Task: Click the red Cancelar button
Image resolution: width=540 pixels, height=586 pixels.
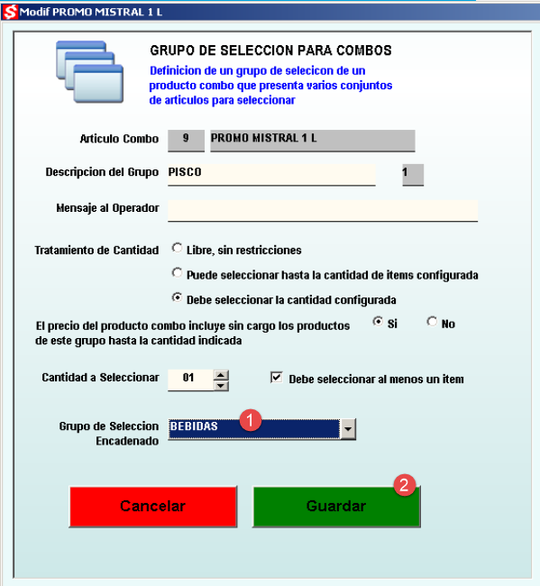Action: (x=153, y=507)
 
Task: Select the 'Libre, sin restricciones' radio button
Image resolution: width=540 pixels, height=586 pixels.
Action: (x=177, y=248)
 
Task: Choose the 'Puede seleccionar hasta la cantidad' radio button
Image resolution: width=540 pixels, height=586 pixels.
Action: (x=177, y=273)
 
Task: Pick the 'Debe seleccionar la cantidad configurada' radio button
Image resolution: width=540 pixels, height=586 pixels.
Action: (x=177, y=298)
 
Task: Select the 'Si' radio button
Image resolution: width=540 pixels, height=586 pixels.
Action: (x=378, y=322)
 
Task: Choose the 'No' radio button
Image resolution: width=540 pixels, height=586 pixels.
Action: (x=432, y=322)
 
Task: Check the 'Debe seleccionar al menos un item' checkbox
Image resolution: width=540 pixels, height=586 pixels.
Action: (x=276, y=378)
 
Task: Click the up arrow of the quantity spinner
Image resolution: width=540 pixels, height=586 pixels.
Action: (x=221, y=375)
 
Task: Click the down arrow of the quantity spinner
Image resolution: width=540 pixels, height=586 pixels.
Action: (x=221, y=386)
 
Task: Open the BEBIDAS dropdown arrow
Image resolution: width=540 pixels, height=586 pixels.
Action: (x=348, y=429)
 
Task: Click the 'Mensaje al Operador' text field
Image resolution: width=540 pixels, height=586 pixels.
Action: (x=323, y=211)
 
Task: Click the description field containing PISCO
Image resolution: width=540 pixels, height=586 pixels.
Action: (x=271, y=175)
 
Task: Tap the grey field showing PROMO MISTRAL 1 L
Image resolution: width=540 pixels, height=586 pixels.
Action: (x=313, y=141)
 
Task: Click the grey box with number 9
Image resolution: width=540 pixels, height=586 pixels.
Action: (x=186, y=141)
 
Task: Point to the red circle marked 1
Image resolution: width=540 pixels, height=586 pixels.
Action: (x=251, y=420)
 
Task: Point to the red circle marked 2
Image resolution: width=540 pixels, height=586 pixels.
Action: (x=405, y=485)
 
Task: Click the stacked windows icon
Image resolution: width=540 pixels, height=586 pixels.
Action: (x=89, y=71)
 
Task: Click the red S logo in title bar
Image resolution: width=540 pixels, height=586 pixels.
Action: (x=10, y=12)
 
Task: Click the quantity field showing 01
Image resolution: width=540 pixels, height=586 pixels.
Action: (x=190, y=380)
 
